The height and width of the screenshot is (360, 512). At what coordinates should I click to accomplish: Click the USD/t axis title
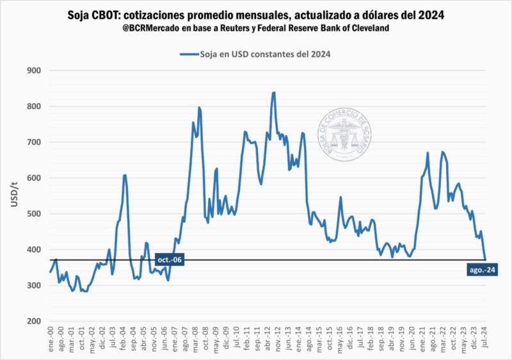coord(14,195)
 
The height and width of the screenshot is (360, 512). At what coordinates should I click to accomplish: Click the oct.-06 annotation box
coord(170,259)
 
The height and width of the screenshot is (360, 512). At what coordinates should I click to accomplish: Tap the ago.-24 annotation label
coord(482,270)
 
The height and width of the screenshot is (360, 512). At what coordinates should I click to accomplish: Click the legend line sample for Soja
coord(191,55)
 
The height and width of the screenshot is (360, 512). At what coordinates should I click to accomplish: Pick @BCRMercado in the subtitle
coord(148,29)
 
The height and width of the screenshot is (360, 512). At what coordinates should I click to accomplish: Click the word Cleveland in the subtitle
coord(371,29)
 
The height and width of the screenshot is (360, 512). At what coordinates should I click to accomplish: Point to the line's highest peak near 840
coord(274,93)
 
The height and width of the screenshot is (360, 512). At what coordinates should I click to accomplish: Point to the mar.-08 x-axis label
coord(193,337)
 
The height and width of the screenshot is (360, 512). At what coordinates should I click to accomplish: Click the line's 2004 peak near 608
coord(125,175)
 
